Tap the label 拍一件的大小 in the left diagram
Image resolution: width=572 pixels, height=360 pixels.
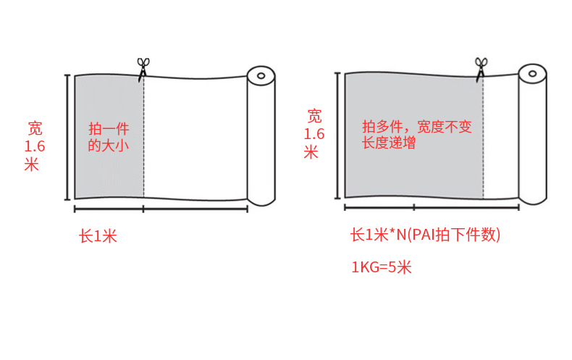108,137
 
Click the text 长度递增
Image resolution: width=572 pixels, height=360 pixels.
389,143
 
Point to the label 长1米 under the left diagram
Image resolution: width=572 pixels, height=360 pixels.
98,235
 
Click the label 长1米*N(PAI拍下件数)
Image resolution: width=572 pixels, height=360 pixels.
425,235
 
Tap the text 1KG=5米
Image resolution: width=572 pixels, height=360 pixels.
382,267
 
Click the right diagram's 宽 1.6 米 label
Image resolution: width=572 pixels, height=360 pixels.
314,133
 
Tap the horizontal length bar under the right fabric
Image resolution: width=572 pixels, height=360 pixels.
430,208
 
